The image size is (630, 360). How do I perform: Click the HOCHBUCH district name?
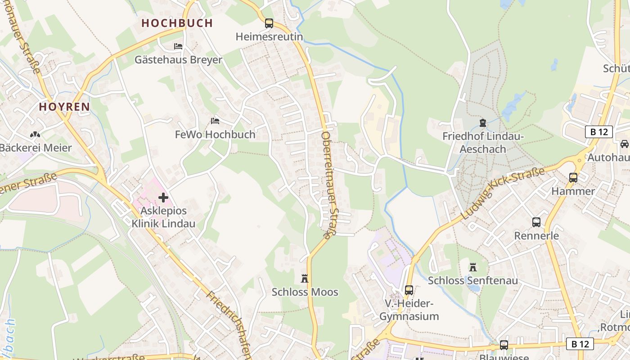coord(177,23)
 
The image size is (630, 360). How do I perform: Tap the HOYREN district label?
coord(64,107)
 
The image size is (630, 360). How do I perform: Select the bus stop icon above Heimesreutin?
coord(269,23)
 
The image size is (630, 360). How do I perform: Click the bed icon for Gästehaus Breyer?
coord(178,46)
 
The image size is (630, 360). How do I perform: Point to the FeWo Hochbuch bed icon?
coord(215,121)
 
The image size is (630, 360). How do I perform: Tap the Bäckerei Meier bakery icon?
coord(35,134)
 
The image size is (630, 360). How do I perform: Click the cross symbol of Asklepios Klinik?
coord(163,198)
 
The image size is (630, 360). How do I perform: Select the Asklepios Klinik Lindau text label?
coord(163,217)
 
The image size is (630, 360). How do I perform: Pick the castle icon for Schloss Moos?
coord(305,279)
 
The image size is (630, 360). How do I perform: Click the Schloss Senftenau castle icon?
coord(473,267)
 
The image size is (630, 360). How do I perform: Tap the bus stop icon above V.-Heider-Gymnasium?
coord(409,290)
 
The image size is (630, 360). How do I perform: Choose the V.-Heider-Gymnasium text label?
coord(409,310)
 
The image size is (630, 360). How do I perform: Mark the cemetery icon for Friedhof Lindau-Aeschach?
coord(483,122)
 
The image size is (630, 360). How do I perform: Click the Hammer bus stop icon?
coord(573,178)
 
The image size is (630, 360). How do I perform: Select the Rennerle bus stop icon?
coord(536,222)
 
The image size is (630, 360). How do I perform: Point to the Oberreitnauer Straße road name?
coord(329,184)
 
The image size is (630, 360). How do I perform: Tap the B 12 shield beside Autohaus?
coord(599,132)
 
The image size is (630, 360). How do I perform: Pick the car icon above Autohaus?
coord(625,144)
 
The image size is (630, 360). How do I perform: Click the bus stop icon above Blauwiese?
coord(504,345)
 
